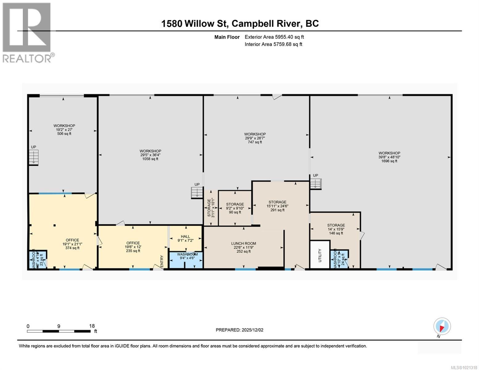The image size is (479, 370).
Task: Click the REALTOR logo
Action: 27,32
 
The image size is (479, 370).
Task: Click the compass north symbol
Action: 442,327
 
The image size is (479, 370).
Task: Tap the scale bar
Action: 59,331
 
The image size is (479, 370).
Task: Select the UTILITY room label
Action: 320,255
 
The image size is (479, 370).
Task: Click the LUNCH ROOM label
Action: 244,247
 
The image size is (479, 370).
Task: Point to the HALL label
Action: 185,238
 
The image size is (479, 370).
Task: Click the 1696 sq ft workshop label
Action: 389,157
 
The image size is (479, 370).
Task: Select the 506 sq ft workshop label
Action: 64,129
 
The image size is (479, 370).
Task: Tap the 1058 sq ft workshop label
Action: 150,155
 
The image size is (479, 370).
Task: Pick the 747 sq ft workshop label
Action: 255,138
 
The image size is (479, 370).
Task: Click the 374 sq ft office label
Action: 72,244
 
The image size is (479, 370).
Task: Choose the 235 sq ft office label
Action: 133,247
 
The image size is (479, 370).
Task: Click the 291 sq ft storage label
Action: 277,206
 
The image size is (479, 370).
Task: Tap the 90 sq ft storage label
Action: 235,208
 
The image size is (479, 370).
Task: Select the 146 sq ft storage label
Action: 336,229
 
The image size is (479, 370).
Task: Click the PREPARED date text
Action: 239,330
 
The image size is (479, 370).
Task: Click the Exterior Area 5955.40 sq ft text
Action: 274,37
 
